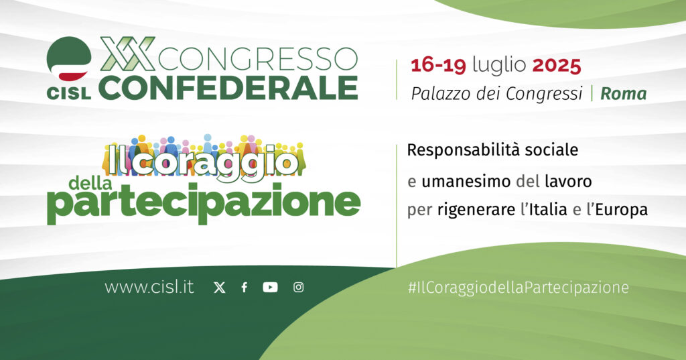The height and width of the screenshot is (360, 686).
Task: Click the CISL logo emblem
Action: pos(69,59)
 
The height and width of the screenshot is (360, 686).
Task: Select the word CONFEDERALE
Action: pos(231,87)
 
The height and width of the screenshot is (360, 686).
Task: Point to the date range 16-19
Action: pos(439,66)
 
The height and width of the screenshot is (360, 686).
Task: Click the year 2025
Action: pos(557,66)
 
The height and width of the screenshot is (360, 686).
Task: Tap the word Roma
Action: pos(624,94)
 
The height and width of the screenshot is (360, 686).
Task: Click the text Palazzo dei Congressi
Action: pos(497,94)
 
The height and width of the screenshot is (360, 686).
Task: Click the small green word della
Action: pos(90,182)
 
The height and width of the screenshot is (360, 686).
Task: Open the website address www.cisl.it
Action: pos(149,288)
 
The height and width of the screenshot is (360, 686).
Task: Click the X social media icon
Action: pos(220,288)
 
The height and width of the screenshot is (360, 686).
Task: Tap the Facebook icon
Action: pos(245,288)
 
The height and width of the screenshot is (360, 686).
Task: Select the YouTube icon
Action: pos(271,288)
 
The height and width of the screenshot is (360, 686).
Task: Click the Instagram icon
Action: pos(298,288)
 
